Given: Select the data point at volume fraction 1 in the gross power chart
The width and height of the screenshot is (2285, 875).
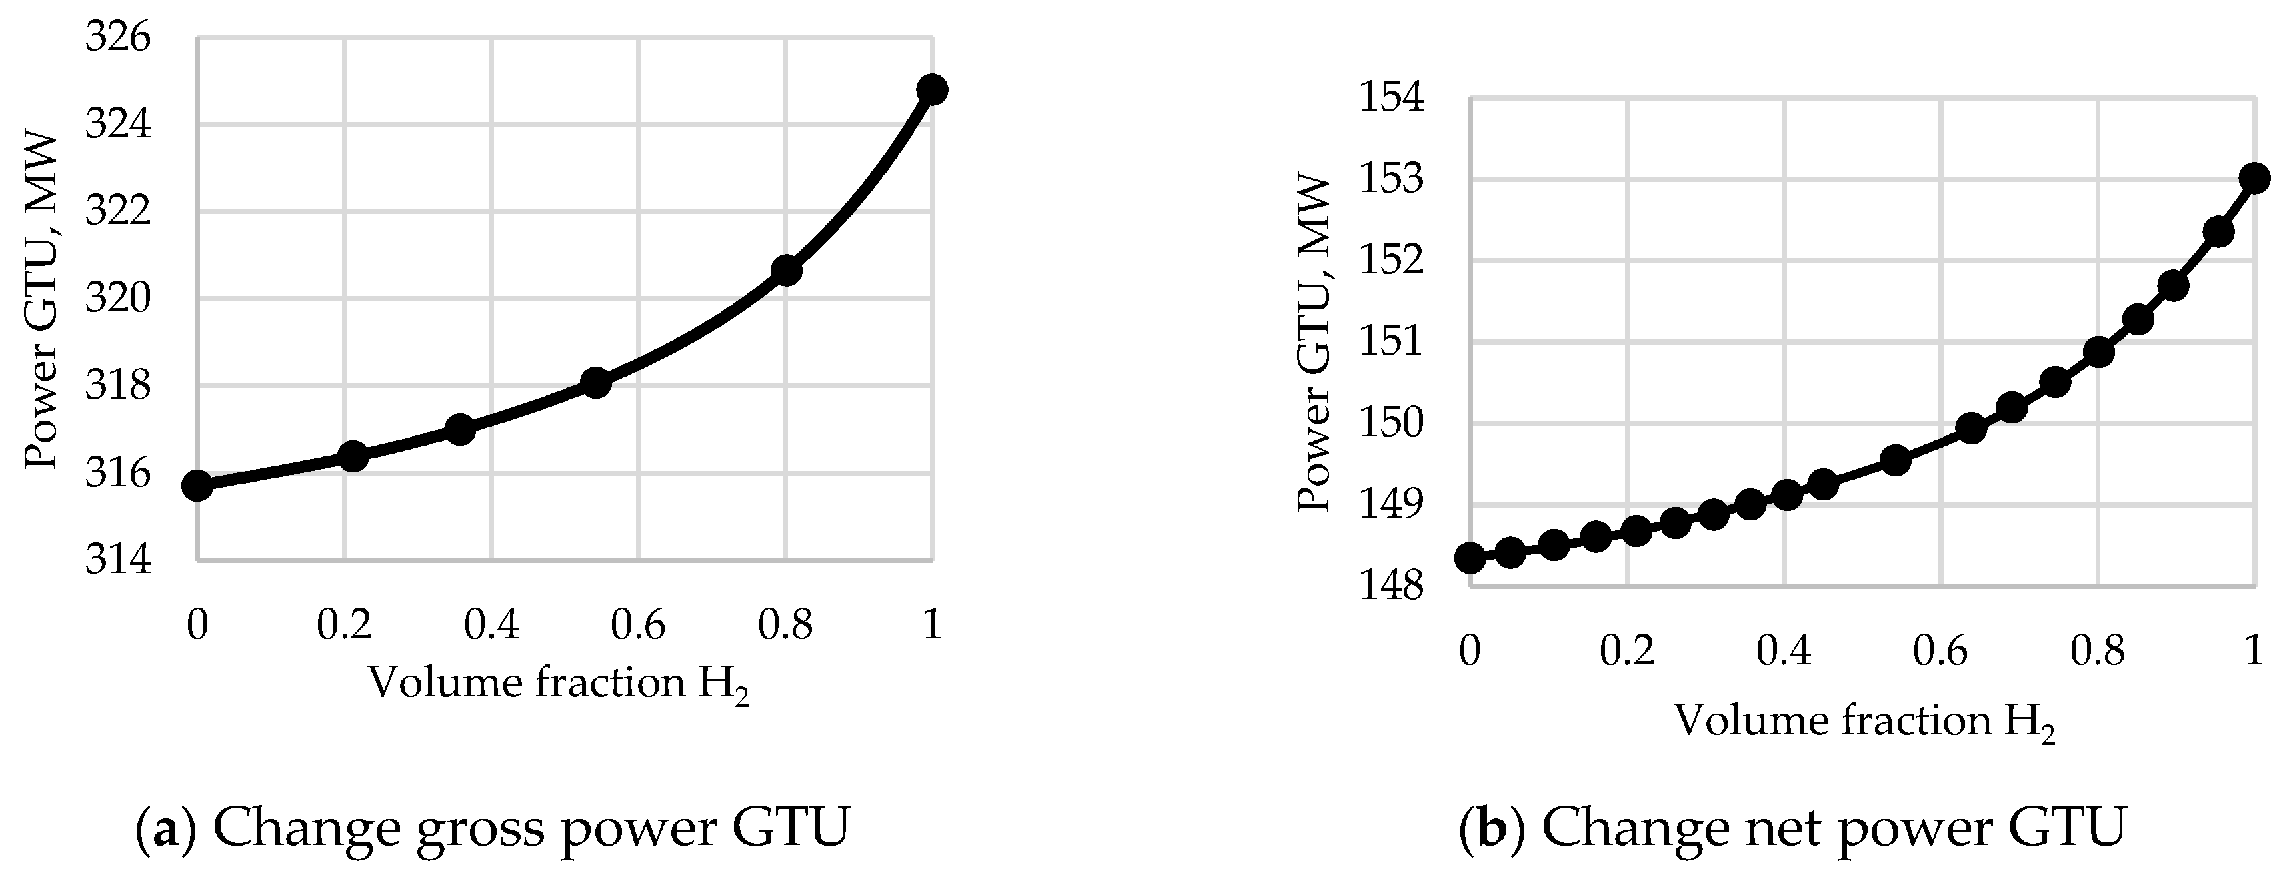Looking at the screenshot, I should click(x=931, y=89).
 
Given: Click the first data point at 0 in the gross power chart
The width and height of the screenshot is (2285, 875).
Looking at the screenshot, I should click(x=197, y=486).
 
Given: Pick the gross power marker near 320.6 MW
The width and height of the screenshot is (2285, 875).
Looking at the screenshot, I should click(x=786, y=271).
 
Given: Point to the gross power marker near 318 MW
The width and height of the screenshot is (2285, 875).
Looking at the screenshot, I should click(x=595, y=383).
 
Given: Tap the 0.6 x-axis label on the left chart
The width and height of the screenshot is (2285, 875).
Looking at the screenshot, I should click(x=638, y=626).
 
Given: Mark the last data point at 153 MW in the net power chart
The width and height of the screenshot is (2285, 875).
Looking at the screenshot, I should click(x=2254, y=178).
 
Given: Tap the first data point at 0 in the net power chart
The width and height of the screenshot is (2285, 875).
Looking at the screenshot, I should click(x=1470, y=558).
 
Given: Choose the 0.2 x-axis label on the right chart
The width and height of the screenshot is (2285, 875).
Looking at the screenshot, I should click(x=1627, y=653).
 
